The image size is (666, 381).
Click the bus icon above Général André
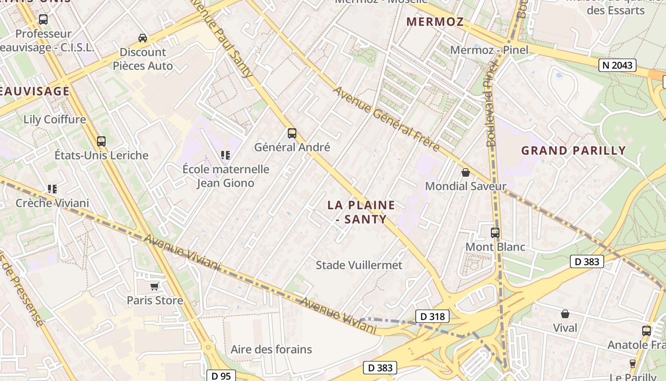point(292,133)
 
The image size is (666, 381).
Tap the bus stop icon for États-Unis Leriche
point(101,141)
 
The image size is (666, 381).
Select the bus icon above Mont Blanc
point(495,233)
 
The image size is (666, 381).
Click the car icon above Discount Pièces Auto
point(142,38)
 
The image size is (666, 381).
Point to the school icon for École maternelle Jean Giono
point(225,155)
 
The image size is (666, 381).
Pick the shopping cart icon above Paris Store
point(154,286)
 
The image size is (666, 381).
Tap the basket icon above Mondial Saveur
point(466,172)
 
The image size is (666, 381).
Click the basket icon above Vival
point(565,314)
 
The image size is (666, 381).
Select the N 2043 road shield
point(617,65)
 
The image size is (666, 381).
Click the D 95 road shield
point(221,376)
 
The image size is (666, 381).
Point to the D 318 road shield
point(432,316)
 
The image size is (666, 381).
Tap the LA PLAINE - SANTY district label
point(361,212)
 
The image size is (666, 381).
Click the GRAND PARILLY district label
point(573,150)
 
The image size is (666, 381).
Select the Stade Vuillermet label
point(359,265)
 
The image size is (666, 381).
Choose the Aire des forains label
point(271,349)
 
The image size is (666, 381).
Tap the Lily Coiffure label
point(55,119)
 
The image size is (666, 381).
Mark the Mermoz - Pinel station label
point(489,50)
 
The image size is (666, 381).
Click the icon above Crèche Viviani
point(52,189)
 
